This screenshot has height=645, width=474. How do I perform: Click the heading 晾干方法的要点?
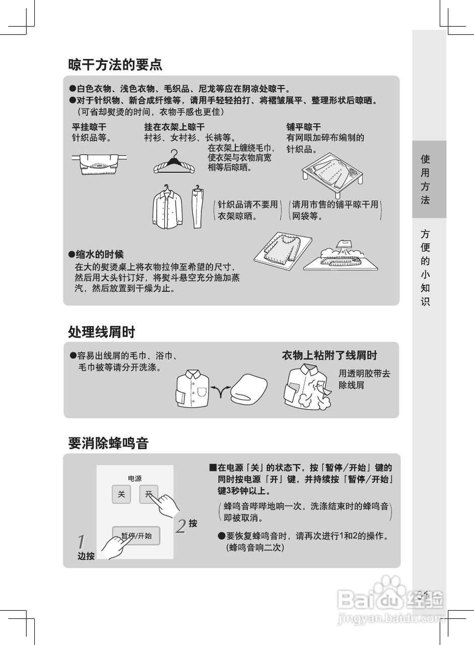coord(115,64)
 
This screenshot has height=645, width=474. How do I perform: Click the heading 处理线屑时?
coord(102,332)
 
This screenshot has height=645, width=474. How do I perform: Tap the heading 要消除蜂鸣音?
coord(108,443)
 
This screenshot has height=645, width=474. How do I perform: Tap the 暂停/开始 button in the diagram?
coord(136,536)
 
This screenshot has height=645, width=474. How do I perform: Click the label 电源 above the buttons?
coord(134,478)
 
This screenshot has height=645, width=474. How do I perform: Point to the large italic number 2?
coord(181,527)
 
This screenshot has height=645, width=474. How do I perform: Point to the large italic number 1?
coord(82,542)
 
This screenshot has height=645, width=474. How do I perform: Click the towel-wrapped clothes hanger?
coord(174,162)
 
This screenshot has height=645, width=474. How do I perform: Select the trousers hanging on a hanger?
coord(198,207)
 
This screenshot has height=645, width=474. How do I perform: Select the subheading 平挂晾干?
coord(89,127)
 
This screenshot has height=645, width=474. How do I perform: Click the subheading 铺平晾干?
coord(304,127)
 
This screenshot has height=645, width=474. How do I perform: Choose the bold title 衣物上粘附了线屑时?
coord(329,355)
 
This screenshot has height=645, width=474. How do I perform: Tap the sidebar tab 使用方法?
coord(425,179)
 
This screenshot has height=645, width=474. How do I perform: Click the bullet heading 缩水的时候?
coord(96,254)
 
